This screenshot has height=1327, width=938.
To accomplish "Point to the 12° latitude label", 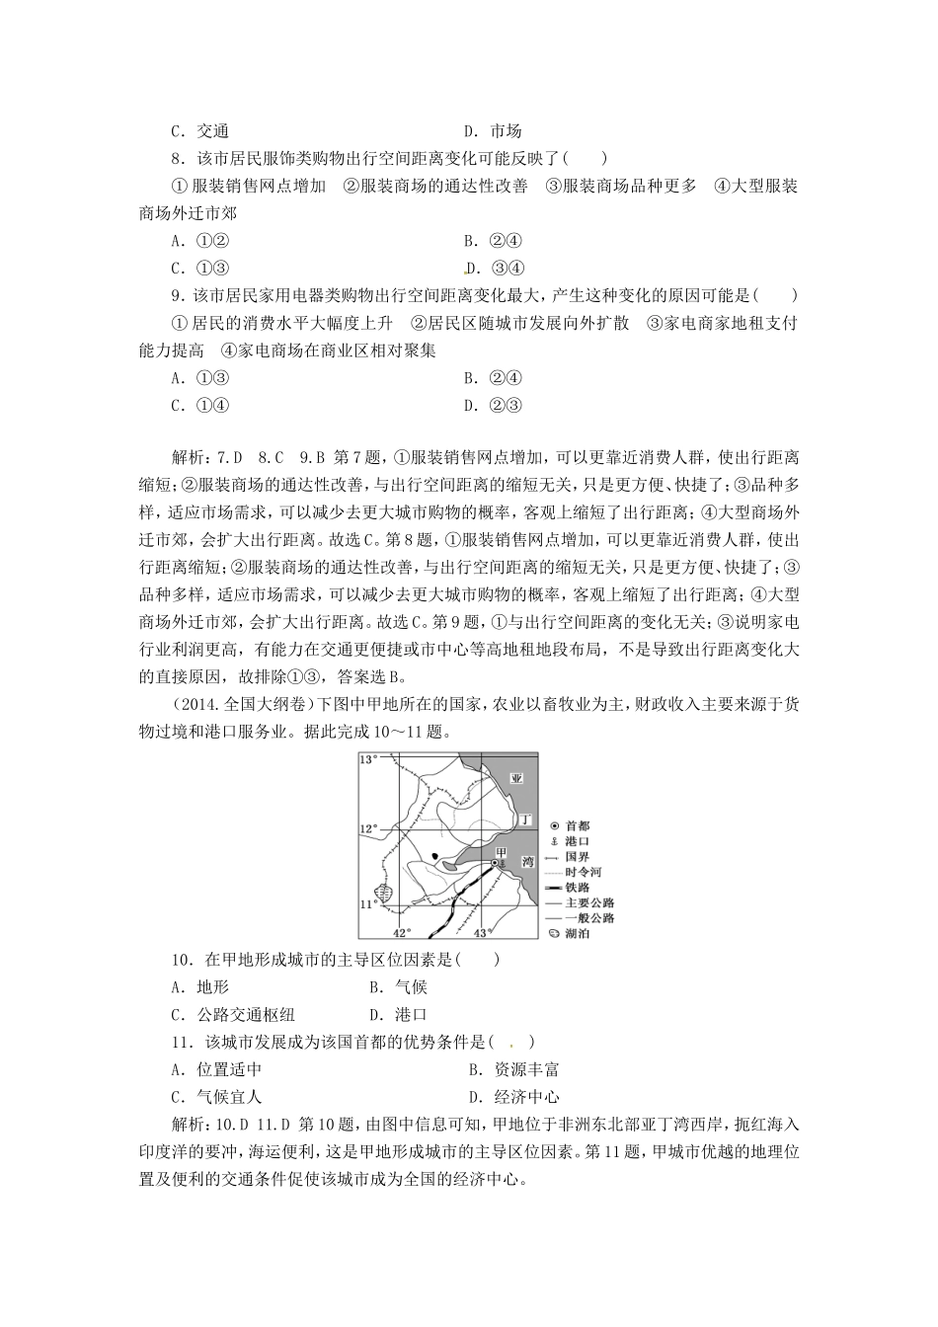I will point(367,828).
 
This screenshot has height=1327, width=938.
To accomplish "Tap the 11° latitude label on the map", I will point(367,903).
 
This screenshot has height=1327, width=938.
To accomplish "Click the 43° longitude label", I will point(481,933).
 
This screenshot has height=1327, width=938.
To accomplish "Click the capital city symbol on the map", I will point(494,863).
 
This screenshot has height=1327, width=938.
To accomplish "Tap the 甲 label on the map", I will point(501,851).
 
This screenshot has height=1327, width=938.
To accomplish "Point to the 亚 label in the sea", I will point(515,777).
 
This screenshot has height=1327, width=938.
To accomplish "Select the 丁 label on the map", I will point(526,819).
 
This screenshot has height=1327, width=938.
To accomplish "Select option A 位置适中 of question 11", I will point(216,1069).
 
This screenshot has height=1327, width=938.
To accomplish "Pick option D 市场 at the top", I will point(493,131).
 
